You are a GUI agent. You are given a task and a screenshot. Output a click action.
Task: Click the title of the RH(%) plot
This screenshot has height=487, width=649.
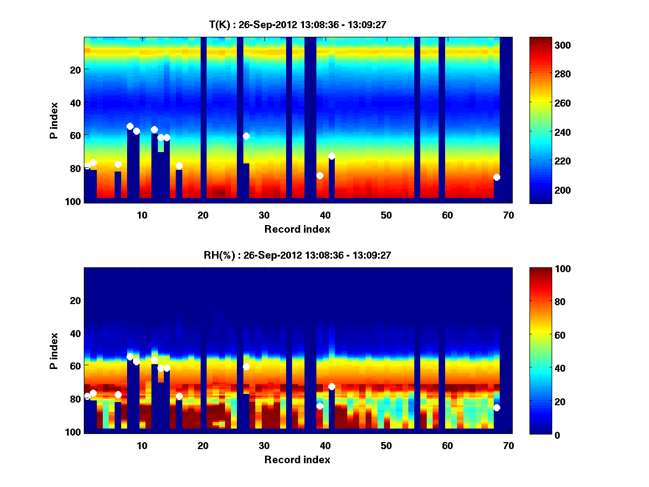[295, 255]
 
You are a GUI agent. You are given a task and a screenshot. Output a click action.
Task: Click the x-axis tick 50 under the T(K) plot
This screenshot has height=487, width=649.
[386, 215]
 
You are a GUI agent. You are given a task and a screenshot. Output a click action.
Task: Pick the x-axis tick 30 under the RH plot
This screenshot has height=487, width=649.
[264, 445]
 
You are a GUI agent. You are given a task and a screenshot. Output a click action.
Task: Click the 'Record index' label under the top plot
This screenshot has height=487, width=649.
[297, 229]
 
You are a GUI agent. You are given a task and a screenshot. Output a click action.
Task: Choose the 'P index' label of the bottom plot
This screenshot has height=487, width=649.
[54, 351]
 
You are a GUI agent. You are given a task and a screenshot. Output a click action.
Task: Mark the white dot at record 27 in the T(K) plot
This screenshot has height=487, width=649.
[246, 136]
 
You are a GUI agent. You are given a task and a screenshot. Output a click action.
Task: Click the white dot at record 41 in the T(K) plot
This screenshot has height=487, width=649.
[332, 156]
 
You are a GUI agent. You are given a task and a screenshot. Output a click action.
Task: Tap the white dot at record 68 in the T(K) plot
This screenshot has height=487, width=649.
[496, 177]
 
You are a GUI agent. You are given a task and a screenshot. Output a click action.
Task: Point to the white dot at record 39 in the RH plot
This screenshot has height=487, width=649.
[320, 406]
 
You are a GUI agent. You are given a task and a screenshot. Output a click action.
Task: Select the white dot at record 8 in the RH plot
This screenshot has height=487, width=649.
[130, 357]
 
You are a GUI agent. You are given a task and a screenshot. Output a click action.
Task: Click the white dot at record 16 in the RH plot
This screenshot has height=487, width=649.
[179, 396]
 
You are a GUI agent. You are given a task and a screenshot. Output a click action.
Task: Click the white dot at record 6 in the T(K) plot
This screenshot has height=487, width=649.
[118, 164]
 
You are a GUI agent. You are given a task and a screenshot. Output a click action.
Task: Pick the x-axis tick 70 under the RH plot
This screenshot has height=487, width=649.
[508, 445]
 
